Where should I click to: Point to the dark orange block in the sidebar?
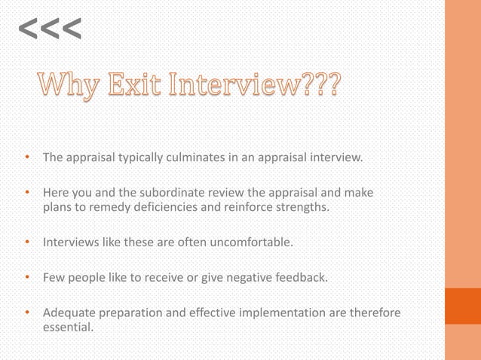462,305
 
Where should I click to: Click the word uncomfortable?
244,243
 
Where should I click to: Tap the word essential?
69,328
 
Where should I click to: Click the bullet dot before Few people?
28,276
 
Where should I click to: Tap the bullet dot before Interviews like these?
28,242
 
